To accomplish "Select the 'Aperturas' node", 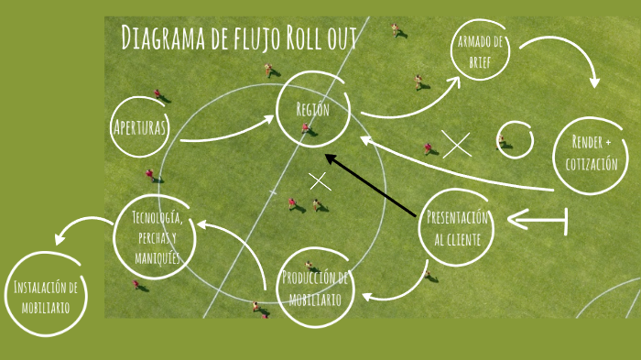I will pos(140,127).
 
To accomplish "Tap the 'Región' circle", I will pos(312,110).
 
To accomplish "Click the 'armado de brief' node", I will pos(480,51).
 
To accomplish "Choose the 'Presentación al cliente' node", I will pos(458,229).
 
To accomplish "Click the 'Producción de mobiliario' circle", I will pos(314,288).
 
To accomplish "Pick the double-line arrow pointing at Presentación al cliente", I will pos(538,220).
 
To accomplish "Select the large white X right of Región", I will pos(456,144).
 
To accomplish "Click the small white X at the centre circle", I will pos(320,180).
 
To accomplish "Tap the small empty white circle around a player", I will pos(514,139).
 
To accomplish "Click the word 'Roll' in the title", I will pos(306,39).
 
